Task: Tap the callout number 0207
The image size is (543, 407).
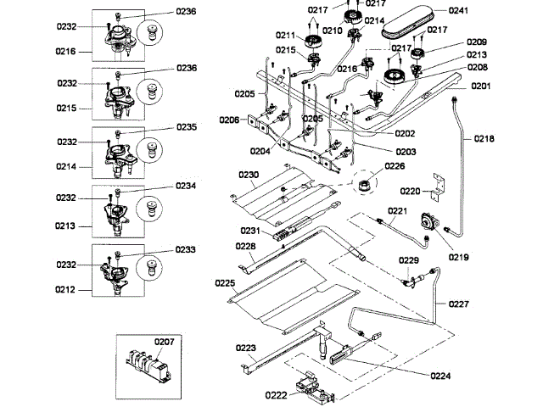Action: (x=164, y=343)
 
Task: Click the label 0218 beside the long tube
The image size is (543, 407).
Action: (x=484, y=137)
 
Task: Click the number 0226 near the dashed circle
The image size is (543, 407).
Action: (x=395, y=166)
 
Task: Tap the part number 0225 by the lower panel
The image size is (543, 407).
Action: (x=224, y=282)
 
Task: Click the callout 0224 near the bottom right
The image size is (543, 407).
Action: (x=441, y=375)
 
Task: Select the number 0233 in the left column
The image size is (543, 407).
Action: (x=187, y=250)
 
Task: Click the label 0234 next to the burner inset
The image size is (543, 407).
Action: (x=187, y=185)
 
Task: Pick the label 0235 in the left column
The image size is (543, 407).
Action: (x=187, y=127)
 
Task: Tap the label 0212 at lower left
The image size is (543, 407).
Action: (x=65, y=290)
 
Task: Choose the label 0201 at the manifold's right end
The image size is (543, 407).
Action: (x=480, y=86)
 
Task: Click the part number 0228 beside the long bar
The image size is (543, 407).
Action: (x=245, y=246)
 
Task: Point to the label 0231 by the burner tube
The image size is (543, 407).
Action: (x=249, y=230)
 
